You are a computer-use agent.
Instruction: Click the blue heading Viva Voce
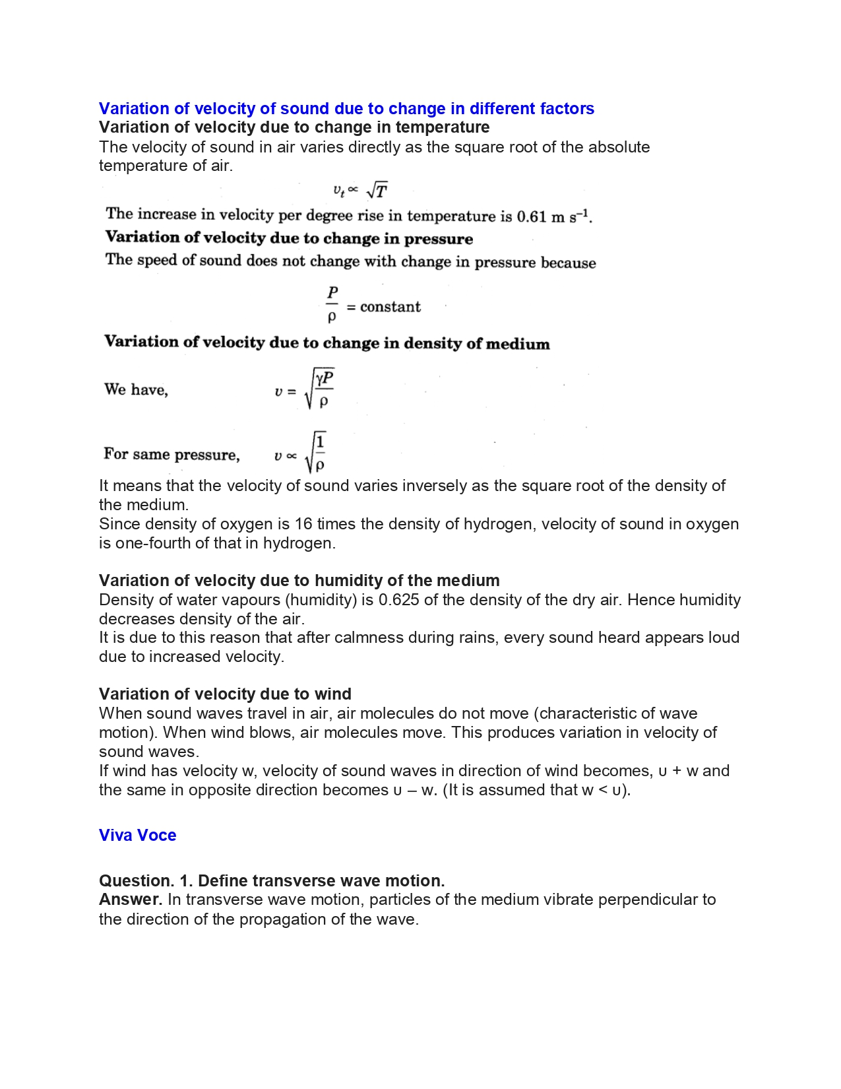point(137,835)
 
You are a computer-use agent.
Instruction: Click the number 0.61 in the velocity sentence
point(532,216)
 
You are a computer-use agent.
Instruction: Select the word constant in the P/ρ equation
point(390,307)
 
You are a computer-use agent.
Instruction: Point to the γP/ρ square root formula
point(319,389)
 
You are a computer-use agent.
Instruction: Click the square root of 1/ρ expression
point(315,452)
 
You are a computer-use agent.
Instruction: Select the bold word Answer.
point(130,900)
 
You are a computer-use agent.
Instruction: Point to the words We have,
point(136,389)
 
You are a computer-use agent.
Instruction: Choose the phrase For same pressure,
point(171,454)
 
